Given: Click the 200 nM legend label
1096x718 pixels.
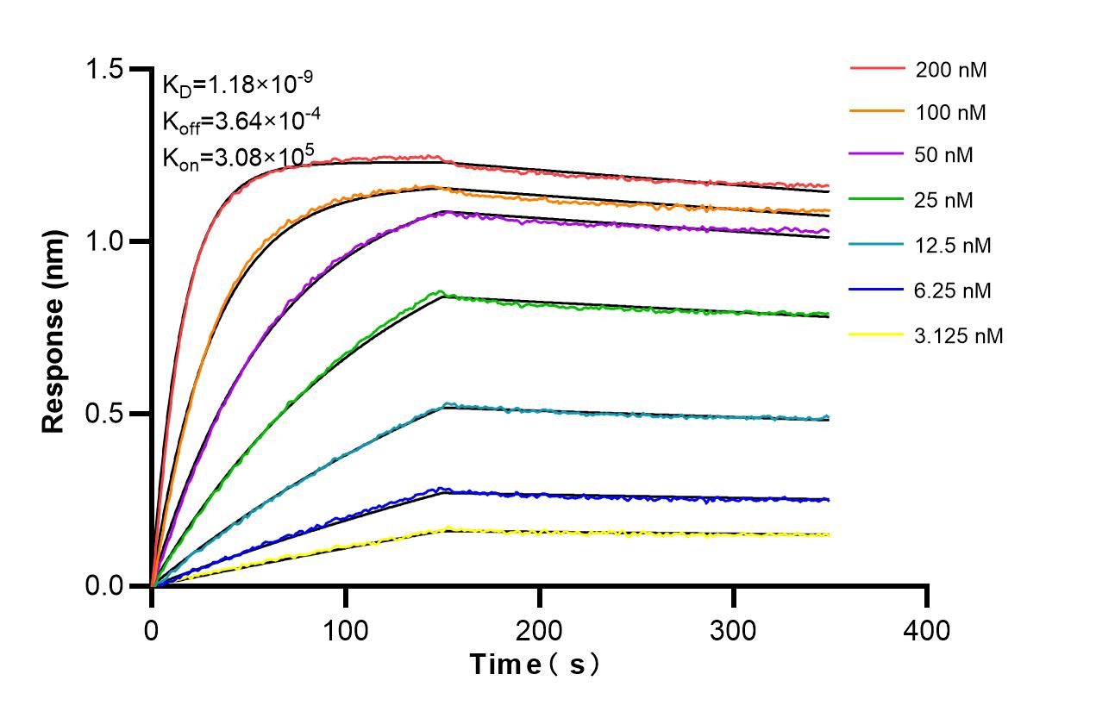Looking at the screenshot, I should pyautogui.click(x=951, y=70).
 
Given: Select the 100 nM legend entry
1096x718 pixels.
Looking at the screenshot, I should pyautogui.click(x=951, y=112).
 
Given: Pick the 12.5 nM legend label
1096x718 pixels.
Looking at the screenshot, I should pyautogui.click(x=953, y=246).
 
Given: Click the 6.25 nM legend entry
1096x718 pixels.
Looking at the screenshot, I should pyautogui.click(x=953, y=290).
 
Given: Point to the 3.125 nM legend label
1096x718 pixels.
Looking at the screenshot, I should pyautogui.click(x=959, y=335).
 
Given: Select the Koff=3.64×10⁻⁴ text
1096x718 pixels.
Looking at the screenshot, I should pyautogui.click(x=237, y=121).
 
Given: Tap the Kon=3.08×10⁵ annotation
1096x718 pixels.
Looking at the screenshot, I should pyautogui.click(x=237, y=157).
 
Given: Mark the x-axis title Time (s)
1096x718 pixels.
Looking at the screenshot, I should pyautogui.click(x=535, y=665).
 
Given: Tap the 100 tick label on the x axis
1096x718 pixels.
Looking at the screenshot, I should pyautogui.click(x=346, y=630).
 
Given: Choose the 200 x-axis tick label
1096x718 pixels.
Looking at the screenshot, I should pyautogui.click(x=540, y=630).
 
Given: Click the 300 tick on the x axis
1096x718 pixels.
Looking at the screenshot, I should pyautogui.click(x=734, y=630).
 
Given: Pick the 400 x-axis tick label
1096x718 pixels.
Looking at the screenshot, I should pyautogui.click(x=927, y=630).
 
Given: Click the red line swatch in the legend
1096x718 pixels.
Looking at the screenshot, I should pyautogui.click(x=877, y=67).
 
